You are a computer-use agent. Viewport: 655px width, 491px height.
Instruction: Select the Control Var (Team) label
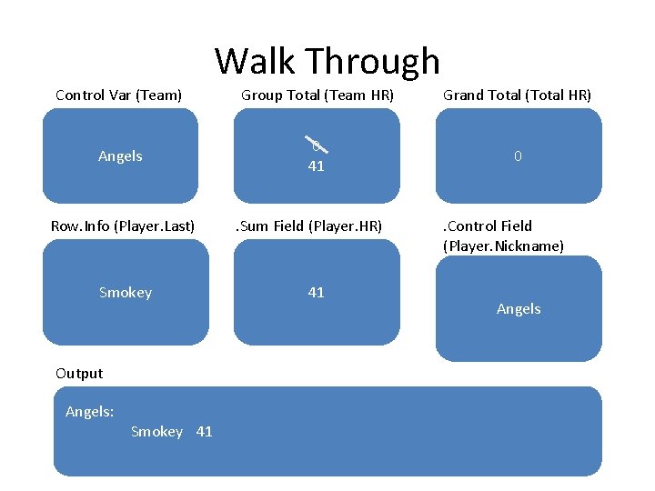click(x=118, y=95)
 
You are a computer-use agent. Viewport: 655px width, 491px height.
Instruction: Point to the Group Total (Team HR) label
click(x=317, y=95)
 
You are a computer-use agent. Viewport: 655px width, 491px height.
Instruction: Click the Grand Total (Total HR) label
click(x=517, y=95)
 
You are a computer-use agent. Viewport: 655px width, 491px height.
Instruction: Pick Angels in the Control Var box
click(x=120, y=156)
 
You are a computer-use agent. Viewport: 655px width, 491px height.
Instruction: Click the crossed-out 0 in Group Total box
click(x=316, y=145)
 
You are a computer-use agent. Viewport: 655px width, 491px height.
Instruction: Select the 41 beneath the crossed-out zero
click(x=316, y=166)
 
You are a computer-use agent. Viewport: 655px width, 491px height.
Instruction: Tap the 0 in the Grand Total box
click(x=518, y=156)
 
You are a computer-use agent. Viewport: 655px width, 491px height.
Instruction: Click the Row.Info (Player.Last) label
click(x=123, y=225)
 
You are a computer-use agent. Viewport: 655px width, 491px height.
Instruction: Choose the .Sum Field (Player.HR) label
click(x=309, y=225)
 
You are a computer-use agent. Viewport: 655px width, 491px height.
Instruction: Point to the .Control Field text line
click(x=488, y=225)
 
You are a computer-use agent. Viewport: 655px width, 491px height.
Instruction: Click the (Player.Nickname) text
click(x=503, y=245)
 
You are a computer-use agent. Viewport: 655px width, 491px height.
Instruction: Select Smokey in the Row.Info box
click(x=126, y=293)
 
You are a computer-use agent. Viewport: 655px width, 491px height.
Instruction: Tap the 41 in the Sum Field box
click(x=316, y=293)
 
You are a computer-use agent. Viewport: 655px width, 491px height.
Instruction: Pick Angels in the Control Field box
click(x=519, y=309)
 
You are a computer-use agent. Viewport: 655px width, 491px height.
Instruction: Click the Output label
click(x=79, y=373)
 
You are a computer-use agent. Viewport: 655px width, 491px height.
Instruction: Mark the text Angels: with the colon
click(x=89, y=412)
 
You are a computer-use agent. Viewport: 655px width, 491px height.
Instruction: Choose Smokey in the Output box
click(x=156, y=432)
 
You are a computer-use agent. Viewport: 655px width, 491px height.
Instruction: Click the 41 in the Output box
click(x=204, y=432)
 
